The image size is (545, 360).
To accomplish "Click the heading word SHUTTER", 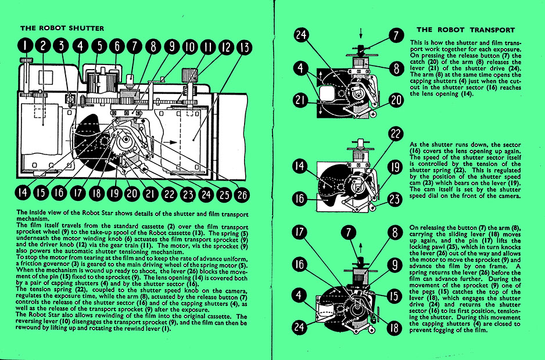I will (83, 28).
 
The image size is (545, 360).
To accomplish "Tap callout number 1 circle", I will (26, 45).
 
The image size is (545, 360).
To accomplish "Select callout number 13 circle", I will (245, 46).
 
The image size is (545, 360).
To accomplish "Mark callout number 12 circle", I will (227, 46).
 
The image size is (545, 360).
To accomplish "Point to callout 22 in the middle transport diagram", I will (396, 134).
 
